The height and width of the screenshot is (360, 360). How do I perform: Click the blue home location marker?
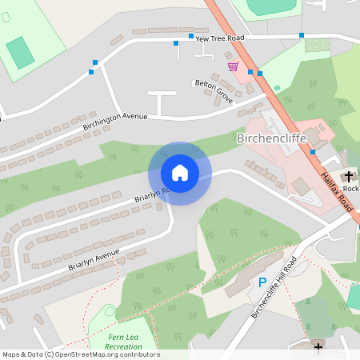click(179, 173)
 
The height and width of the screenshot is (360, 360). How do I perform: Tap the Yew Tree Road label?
click(218, 38)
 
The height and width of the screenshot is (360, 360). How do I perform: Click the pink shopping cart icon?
click(233, 66)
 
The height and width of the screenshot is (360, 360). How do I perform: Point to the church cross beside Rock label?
click(348, 175)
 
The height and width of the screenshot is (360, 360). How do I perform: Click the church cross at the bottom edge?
click(318, 346)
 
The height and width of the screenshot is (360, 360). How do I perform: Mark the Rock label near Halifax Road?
click(351, 189)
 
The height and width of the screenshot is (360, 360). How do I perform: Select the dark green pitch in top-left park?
click(20, 53)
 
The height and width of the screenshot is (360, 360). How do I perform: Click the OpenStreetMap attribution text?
click(80, 354)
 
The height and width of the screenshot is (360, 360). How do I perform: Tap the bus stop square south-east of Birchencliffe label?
click(313, 152)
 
